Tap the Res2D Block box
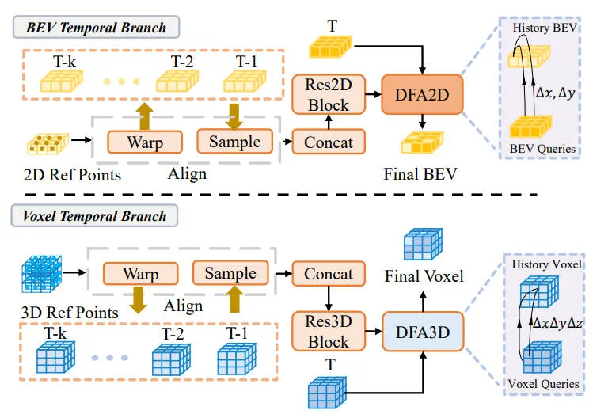[x=327, y=94]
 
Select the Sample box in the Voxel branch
[x=230, y=274]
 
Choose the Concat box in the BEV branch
[x=327, y=142]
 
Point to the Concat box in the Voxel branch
[x=327, y=274]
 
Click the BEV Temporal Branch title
[x=97, y=27]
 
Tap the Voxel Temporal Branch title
[x=97, y=215]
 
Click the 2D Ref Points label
[x=72, y=174]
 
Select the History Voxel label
[x=547, y=264]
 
